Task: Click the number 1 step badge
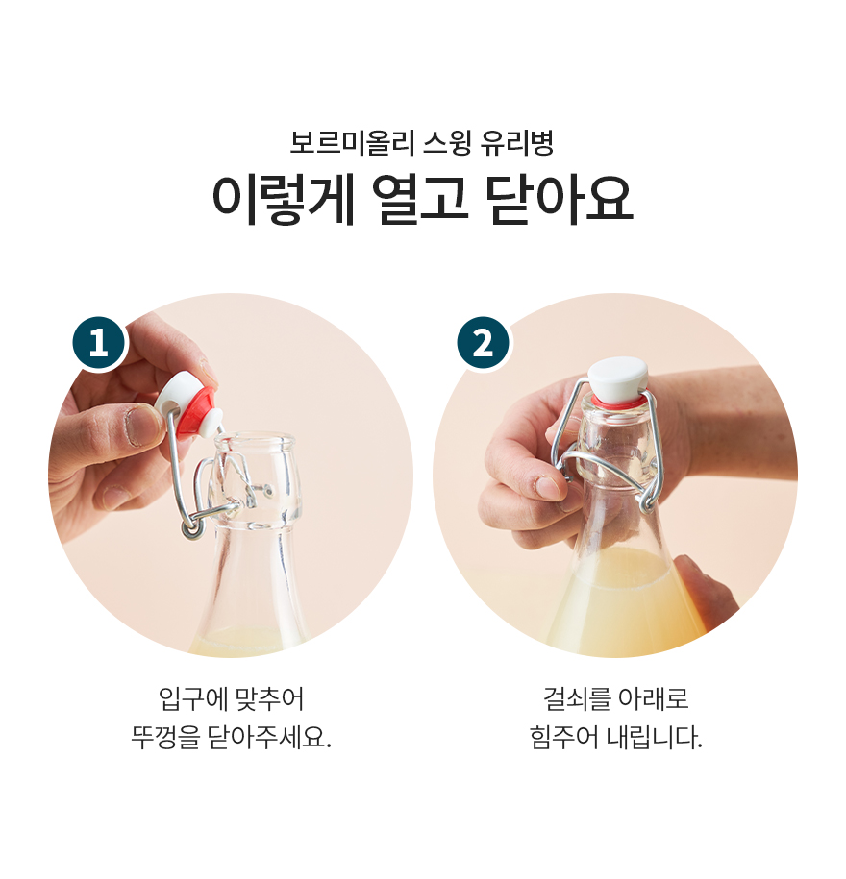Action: [x=100, y=343]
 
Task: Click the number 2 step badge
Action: [x=483, y=343]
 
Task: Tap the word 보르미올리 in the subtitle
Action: [x=352, y=143]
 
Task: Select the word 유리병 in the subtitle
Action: [x=516, y=143]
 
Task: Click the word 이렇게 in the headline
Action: [x=284, y=200]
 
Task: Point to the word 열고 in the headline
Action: [x=421, y=200]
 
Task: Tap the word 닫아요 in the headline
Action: [x=560, y=200]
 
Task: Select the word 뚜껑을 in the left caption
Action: [x=165, y=737]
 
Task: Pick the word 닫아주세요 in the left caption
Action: [x=270, y=737]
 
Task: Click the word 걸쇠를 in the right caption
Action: [x=576, y=699]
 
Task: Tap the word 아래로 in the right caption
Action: [x=653, y=699]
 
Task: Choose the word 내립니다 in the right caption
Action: [x=655, y=737]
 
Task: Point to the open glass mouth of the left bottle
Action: [x=256, y=441]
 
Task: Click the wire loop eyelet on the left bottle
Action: [x=191, y=528]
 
